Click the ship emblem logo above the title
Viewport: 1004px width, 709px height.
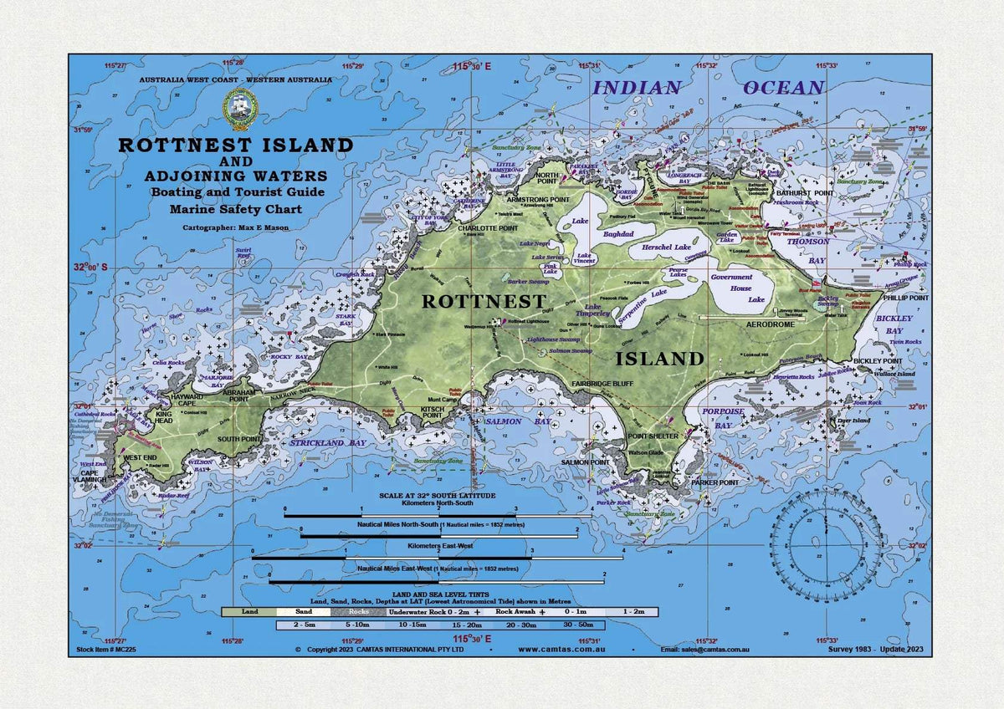pyautogui.click(x=239, y=110)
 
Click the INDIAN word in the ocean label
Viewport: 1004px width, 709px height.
pyautogui.click(x=637, y=88)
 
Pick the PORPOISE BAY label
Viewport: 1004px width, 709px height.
pyautogui.click(x=724, y=417)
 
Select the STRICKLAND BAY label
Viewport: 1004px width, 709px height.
pyautogui.click(x=328, y=442)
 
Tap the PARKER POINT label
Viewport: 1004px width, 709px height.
pyautogui.click(x=715, y=482)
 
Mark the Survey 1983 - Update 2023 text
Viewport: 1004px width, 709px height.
pyautogui.click(x=875, y=649)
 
